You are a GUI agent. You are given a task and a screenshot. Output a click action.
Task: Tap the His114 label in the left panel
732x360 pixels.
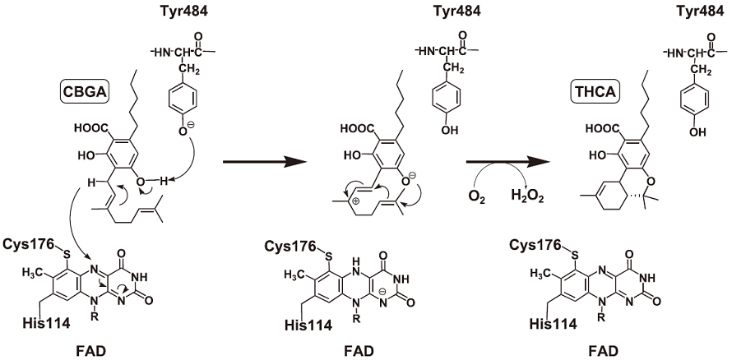39,325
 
